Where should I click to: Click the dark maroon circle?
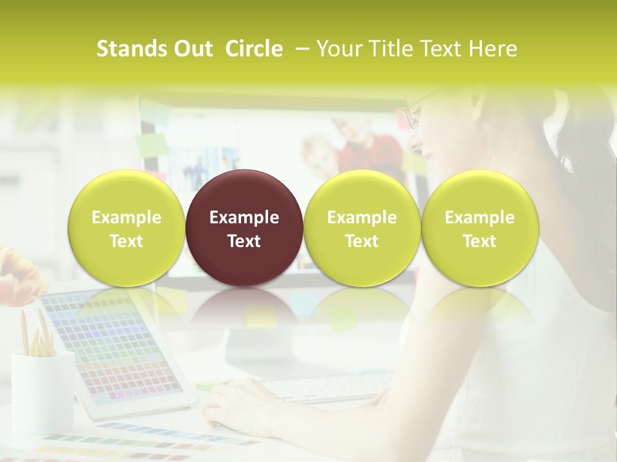(244, 228)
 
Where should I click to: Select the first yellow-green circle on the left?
(127, 228)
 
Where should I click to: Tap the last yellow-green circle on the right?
(479, 228)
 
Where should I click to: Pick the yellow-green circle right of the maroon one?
(362, 228)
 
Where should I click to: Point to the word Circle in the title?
(254, 49)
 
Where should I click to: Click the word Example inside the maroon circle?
(244, 218)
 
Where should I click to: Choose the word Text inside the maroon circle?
(244, 241)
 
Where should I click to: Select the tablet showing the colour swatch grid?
(122, 353)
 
